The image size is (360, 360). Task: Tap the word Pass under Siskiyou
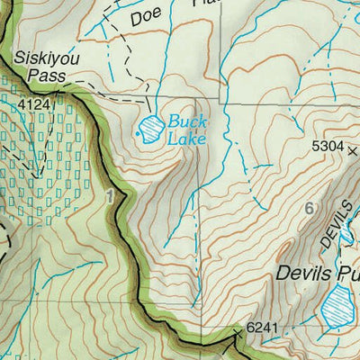pos(40,76)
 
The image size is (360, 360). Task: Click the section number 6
pos(310,209)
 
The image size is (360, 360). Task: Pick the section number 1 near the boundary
pos(110,196)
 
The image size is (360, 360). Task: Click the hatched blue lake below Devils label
pos(338,310)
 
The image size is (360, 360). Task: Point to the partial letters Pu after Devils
pos(347,272)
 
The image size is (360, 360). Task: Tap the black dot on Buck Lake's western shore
pos(138,135)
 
